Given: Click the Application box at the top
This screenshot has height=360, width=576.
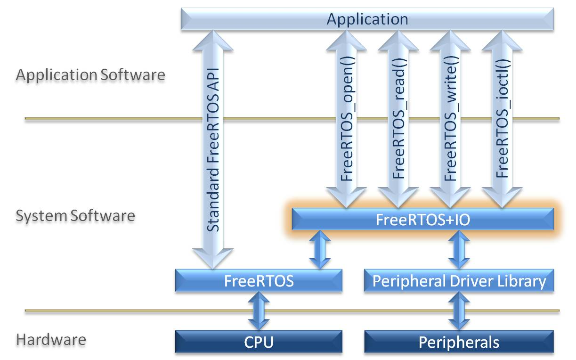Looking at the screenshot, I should click(367, 20).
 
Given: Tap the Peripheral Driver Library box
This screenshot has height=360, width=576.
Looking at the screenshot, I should click(459, 281).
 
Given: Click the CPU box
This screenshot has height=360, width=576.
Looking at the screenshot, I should click(259, 342).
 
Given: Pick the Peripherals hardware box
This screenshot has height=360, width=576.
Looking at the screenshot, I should click(459, 342).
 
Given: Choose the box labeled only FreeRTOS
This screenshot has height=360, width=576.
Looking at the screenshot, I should click(259, 281).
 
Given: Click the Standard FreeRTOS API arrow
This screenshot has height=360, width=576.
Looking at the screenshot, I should click(213, 151).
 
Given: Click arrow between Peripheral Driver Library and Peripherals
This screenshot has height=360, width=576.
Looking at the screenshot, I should click(459, 311).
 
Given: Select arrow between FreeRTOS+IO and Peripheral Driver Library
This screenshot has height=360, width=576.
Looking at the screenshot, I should click(459, 250).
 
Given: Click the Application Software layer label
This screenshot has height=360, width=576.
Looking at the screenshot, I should click(90, 75).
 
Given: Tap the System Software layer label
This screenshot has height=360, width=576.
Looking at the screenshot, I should click(75, 216).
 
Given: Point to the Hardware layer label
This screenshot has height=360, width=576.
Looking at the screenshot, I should click(51, 340).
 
